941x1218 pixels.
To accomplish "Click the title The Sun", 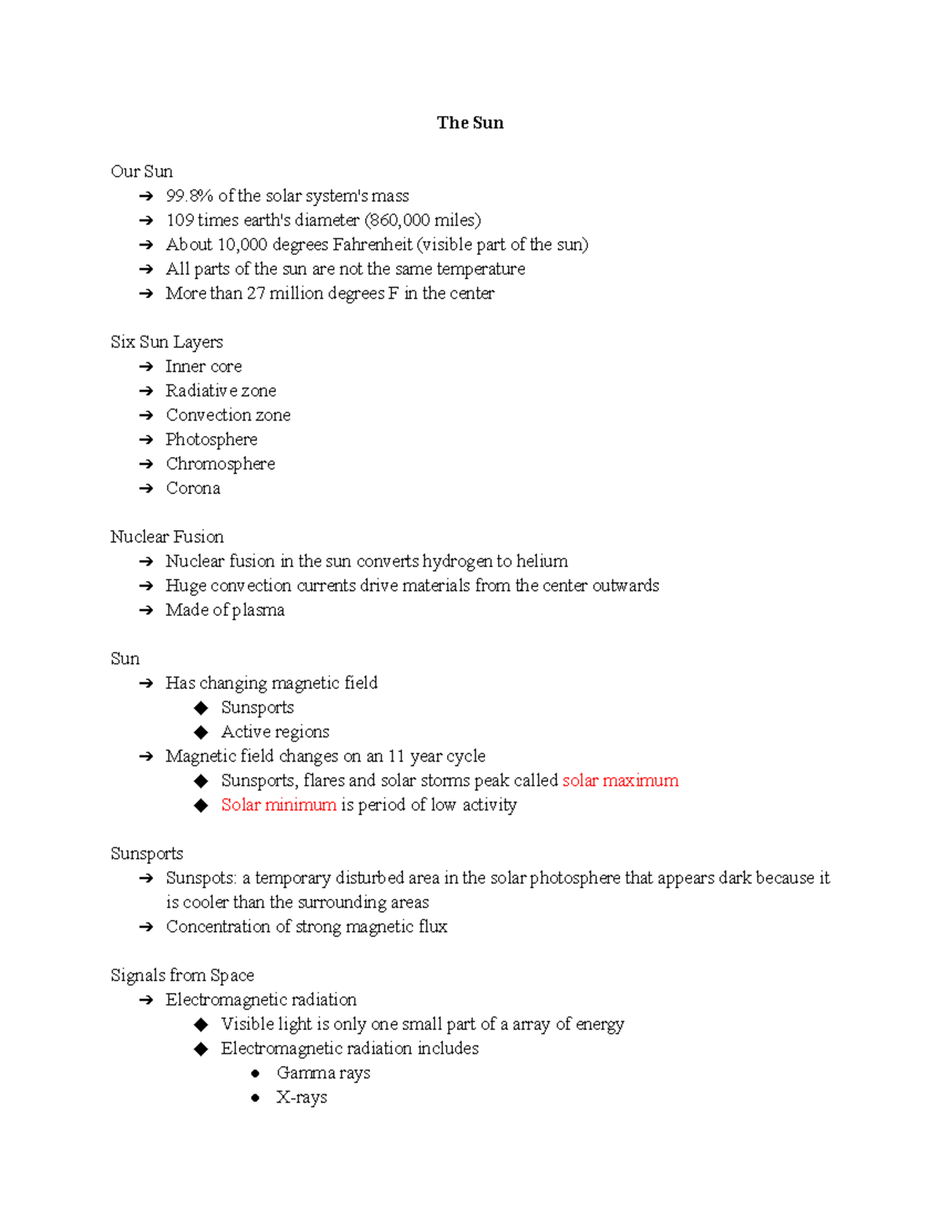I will (470, 123).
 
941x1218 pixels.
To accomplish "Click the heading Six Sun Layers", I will (166, 342).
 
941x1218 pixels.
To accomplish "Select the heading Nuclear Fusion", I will (166, 537).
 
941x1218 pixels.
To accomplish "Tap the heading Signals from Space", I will (182, 976).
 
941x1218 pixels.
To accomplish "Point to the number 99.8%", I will (189, 196).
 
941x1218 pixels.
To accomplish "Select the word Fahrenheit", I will (372, 245).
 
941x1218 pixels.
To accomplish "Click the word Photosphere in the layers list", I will (211, 440).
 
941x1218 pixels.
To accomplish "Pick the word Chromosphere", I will (220, 464).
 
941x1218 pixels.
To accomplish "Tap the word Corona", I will (193, 489).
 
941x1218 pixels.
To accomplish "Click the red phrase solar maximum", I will (620, 781).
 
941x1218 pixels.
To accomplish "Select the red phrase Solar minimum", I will (278, 805).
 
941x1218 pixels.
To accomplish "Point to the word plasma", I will (258, 611).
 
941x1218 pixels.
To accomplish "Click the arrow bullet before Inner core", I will (146, 367).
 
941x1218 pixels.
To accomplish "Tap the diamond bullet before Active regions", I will (202, 733).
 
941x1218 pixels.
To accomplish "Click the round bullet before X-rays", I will (256, 1098).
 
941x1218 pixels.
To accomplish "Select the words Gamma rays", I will (323, 1074).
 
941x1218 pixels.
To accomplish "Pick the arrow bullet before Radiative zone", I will (146, 391).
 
